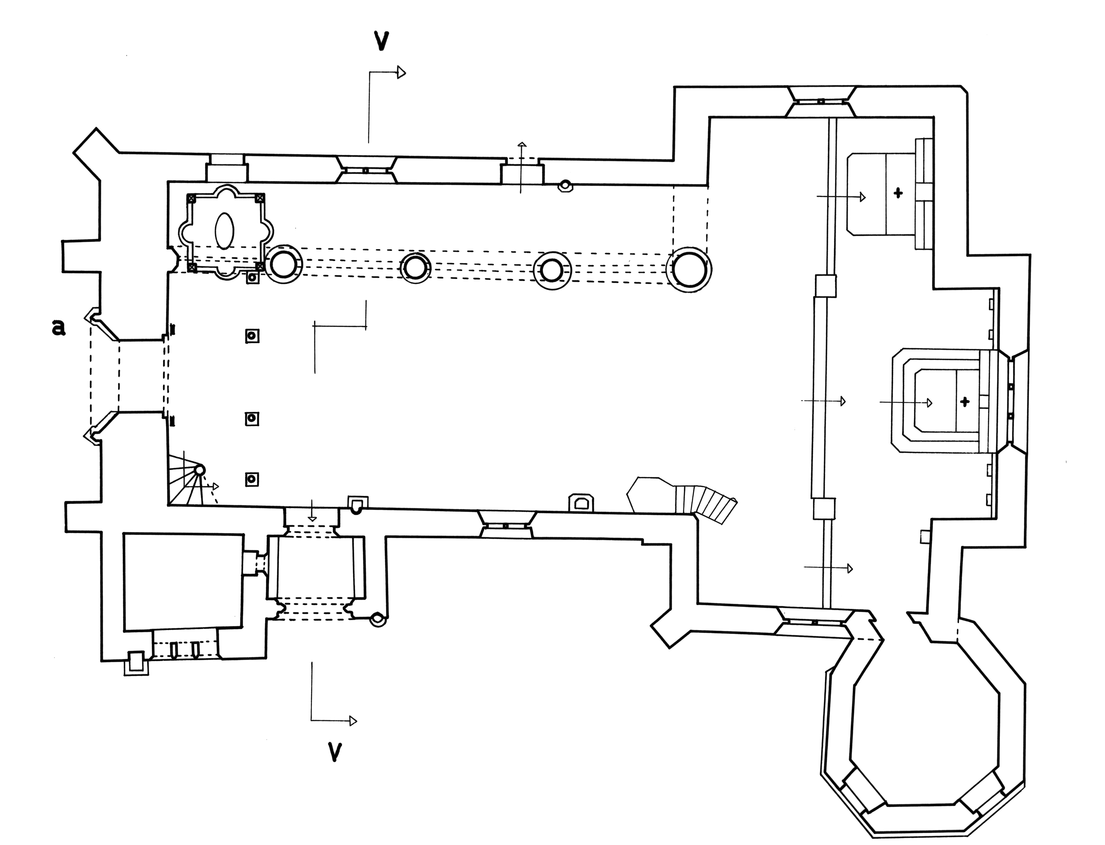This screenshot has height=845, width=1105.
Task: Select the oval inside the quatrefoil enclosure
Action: tap(224, 230)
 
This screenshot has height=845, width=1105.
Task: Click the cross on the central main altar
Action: tap(965, 401)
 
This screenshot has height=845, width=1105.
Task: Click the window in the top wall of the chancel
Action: tap(820, 101)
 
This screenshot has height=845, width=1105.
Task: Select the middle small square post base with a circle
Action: tap(252, 418)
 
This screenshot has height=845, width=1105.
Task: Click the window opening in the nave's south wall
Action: tap(506, 526)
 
